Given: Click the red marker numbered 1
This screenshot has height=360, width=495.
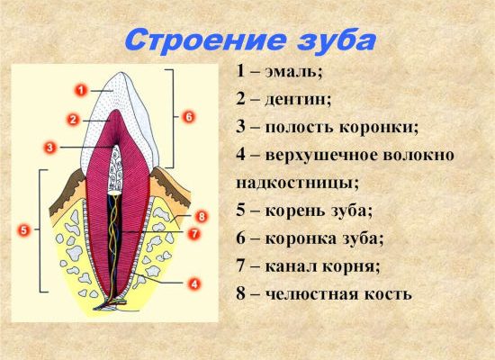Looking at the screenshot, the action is coord(81,91).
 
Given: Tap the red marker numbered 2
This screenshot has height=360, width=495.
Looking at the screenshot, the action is coord(73,120).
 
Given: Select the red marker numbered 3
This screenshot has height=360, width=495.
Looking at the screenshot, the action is coord(49,148).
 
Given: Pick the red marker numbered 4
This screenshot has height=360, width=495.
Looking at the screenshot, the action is coord(193,284).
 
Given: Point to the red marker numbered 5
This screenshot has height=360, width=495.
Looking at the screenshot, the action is coord(24,230).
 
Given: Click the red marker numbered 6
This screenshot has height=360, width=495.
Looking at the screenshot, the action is coord(188,117).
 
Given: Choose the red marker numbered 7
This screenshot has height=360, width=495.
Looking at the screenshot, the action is coord(193,234).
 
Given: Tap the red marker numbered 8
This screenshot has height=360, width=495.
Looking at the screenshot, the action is coord(201,217).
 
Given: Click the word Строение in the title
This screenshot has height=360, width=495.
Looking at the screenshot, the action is coord(206,40).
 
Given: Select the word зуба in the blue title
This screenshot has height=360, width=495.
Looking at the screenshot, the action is coord(337,40).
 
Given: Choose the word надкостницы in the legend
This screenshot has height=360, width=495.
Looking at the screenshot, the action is coord(297,184).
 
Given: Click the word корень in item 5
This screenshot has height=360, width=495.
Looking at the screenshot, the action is coord(294,211).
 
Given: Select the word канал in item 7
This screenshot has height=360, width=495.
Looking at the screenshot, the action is coord(291,266).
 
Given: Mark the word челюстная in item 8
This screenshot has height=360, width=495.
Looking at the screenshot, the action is coord(312,294).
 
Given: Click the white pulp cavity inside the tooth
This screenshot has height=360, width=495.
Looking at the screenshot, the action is coord(115,170).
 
